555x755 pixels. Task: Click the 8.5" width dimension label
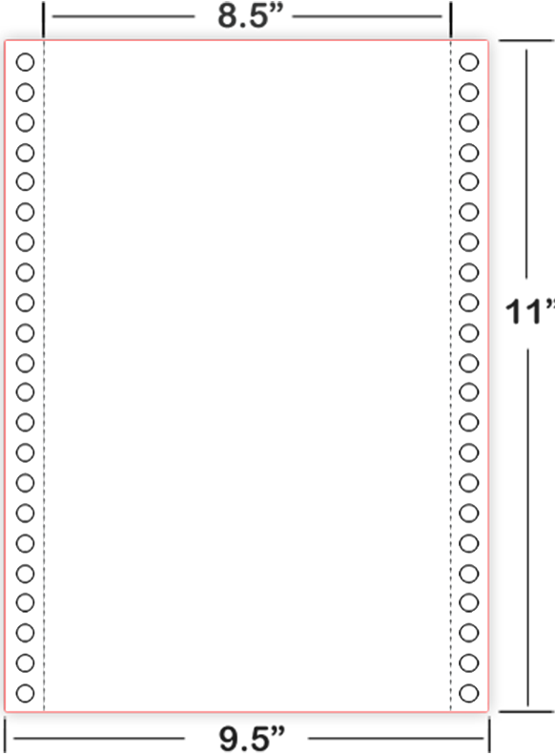pos(248,15)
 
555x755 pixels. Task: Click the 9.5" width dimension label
pos(252,739)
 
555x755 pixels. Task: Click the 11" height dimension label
pos(530,311)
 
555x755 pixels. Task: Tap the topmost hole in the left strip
pos(26,62)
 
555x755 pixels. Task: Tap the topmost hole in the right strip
pos(469,62)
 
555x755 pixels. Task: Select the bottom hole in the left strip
pos(26,693)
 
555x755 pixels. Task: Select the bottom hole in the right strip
pos(469,693)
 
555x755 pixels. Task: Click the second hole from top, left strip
pos(26,92)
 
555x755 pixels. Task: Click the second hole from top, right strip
pos(469,92)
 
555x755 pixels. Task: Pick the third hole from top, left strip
pos(26,122)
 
